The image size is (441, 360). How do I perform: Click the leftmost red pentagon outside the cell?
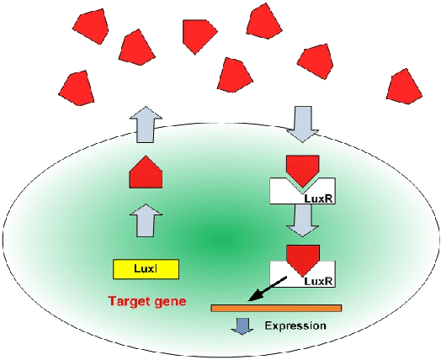(77, 84)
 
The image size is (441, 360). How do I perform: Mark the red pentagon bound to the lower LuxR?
(300, 257)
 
